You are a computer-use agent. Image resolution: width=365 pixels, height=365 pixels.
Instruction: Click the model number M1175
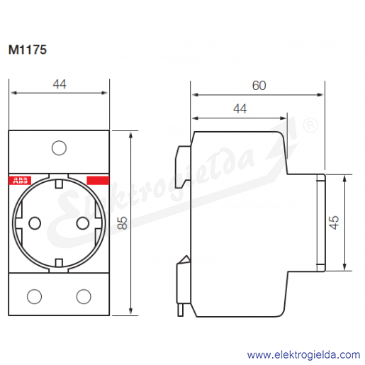coord(28,50)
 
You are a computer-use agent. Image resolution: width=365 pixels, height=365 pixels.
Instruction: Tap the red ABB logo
coord(20,181)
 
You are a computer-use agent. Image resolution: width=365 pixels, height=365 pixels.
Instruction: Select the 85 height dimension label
coord(122,223)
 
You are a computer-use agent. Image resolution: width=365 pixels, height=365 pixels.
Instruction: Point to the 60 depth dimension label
coord(259,86)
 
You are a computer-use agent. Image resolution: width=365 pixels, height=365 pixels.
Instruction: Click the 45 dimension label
coord(334,223)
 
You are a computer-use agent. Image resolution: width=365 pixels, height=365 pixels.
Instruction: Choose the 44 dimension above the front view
coord(60,84)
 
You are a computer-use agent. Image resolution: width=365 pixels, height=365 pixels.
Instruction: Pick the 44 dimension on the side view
coord(240,109)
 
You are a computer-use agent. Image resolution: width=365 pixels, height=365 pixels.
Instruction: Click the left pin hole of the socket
coord(35,223)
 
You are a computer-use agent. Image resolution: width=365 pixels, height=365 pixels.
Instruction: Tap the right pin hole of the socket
coord(83,223)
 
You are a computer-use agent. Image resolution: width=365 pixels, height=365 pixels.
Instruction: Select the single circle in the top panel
coord(59,148)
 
